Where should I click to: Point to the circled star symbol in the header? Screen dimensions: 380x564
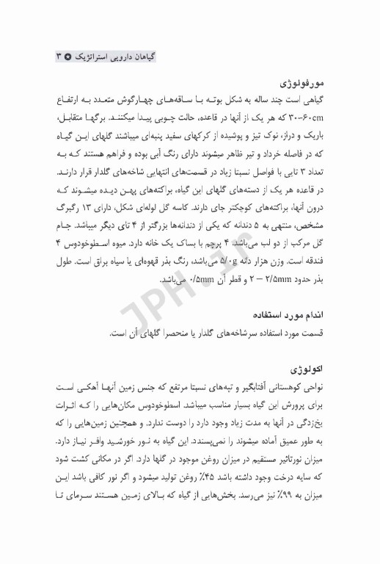click(69, 56)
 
